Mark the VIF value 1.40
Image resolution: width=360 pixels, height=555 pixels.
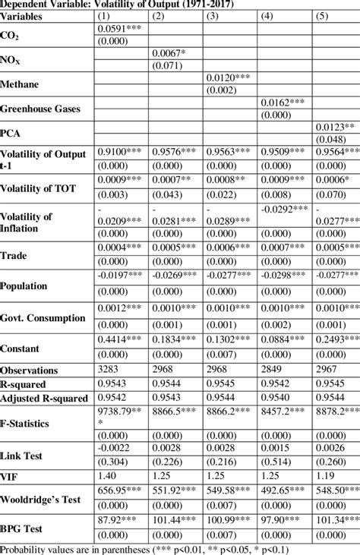[x=106, y=475]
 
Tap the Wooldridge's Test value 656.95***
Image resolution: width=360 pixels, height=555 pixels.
[x=122, y=490]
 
